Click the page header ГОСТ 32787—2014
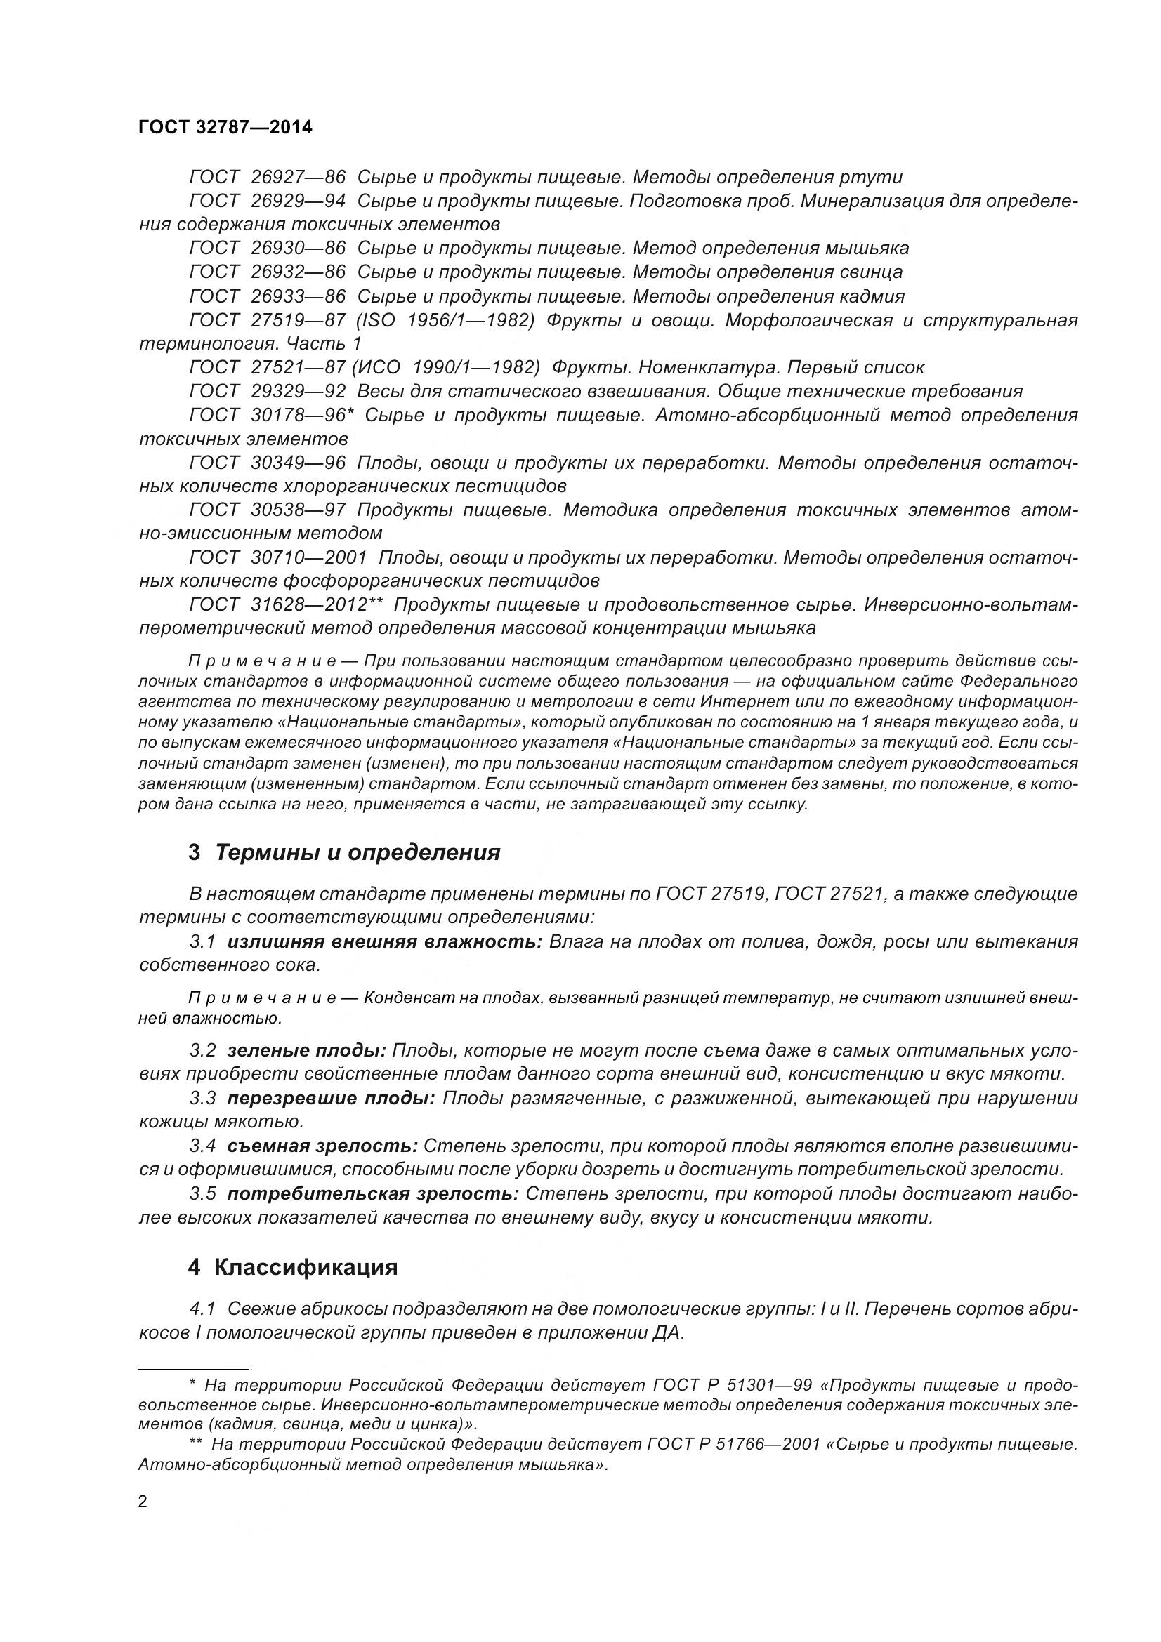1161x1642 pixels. point(225,127)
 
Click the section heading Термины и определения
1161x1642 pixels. point(357,852)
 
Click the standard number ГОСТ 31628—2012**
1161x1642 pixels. point(287,605)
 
